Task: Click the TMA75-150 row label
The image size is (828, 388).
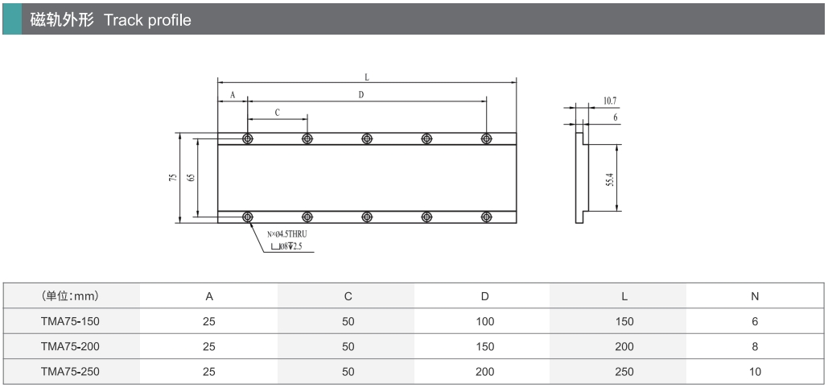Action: [70, 321]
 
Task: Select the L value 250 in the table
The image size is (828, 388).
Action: [624, 372]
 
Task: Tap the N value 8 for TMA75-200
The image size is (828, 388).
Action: [755, 347]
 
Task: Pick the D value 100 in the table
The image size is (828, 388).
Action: [484, 321]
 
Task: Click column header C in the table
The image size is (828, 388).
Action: [348, 296]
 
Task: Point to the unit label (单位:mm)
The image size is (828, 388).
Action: [70, 296]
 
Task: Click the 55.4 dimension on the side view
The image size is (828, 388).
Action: [610, 180]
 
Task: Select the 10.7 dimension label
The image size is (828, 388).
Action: [610, 101]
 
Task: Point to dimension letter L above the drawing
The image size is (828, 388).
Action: [367, 77]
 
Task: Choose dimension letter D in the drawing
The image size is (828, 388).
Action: [361, 95]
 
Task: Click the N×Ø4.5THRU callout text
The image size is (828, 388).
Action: [286, 233]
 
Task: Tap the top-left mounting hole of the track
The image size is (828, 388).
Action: [248, 138]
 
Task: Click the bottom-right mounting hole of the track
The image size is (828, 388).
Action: [486, 217]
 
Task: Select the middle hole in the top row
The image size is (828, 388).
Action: [367, 138]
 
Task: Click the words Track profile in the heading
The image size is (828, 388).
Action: [147, 20]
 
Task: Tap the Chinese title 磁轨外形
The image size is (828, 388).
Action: [62, 20]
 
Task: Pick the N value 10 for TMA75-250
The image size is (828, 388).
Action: [755, 372]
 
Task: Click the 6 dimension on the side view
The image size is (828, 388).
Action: [616, 118]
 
